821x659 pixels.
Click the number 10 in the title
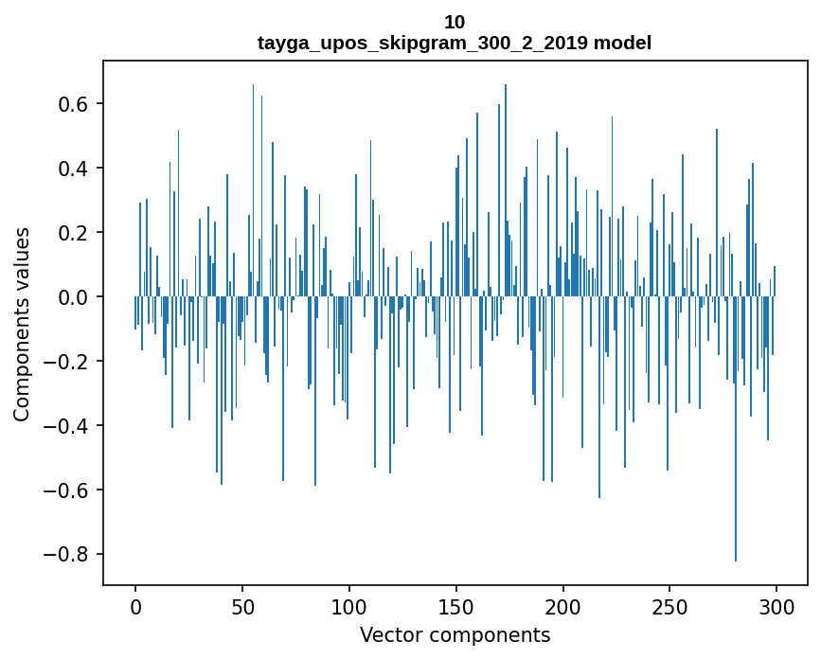(455, 22)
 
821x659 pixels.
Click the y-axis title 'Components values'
(22, 324)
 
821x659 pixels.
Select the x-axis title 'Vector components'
(455, 634)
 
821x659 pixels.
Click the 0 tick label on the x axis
(135, 606)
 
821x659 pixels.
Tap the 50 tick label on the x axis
(242, 606)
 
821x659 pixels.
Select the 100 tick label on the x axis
(349, 606)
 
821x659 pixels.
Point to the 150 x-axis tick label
(456, 606)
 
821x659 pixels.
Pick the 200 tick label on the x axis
(563, 606)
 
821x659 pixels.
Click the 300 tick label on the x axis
(776, 606)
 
